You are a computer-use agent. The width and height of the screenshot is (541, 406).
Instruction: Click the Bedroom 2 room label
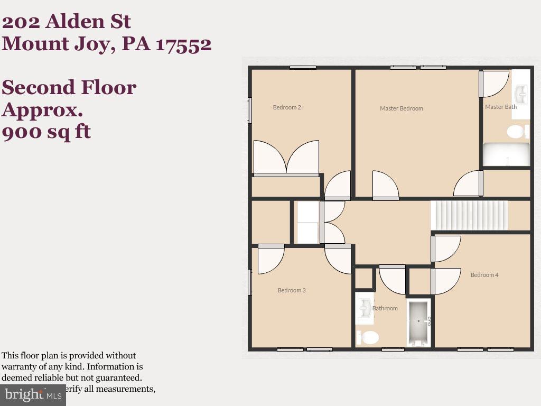[287, 107]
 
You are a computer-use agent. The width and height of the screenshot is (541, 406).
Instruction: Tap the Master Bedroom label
[402, 108]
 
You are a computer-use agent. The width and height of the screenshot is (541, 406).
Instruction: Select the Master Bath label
[501, 107]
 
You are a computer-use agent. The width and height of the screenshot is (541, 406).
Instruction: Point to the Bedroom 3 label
[292, 290]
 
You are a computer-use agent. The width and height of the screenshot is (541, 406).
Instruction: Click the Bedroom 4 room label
[484, 275]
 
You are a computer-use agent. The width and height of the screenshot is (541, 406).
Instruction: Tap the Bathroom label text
[385, 308]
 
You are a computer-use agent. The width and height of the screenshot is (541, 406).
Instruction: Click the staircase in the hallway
[469, 215]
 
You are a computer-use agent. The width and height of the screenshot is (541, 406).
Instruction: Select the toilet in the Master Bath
[517, 131]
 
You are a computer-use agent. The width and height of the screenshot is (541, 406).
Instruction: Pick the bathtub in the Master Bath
[506, 154]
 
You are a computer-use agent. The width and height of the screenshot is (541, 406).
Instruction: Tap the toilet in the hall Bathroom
[368, 337]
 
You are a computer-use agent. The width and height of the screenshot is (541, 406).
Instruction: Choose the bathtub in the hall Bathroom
[419, 322]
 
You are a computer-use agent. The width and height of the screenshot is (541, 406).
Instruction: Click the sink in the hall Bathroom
[365, 308]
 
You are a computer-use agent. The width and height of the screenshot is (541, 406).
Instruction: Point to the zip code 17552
[184, 44]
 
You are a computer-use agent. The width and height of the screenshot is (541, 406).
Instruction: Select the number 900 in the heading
[21, 131]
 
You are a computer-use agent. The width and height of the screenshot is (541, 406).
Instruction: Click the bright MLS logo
[33, 394]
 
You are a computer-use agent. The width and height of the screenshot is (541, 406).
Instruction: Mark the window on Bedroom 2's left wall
[250, 110]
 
